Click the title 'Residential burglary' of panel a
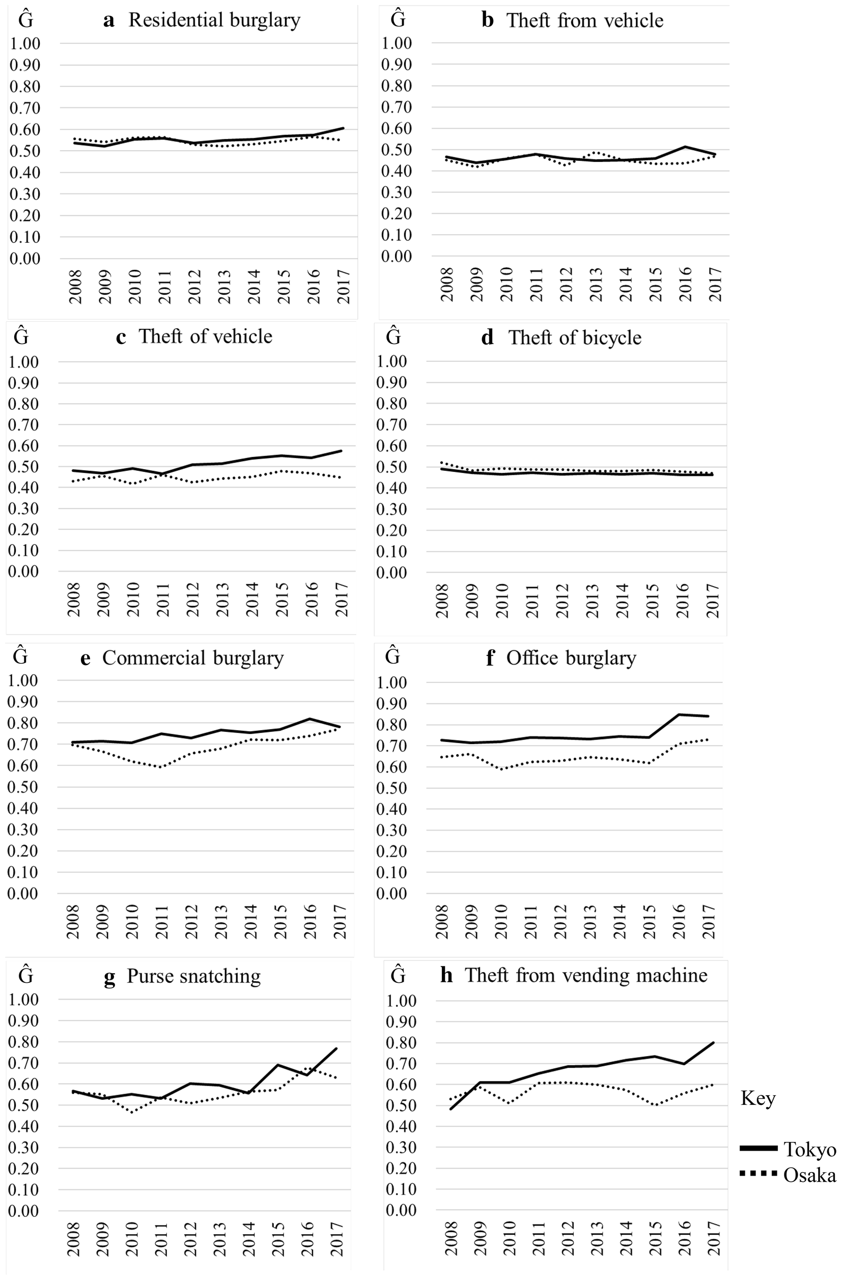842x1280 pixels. (214, 20)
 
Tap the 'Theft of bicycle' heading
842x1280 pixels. (575, 338)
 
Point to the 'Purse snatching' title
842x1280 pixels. (193, 976)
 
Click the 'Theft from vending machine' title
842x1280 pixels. (586, 975)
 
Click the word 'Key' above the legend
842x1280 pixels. (757, 1098)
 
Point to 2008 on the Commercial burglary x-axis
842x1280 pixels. (74, 922)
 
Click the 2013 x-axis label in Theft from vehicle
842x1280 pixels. (596, 285)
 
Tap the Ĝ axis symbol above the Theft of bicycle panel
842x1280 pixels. (394, 337)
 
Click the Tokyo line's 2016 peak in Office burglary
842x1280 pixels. (680, 714)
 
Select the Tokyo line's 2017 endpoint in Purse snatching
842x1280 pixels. (336, 1048)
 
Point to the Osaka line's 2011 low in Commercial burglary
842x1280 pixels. (161, 767)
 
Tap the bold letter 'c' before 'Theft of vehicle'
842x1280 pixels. (121, 337)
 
